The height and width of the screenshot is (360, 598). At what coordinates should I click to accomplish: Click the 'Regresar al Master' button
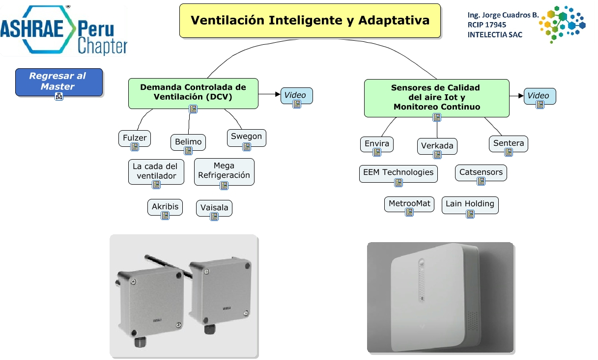[58, 82]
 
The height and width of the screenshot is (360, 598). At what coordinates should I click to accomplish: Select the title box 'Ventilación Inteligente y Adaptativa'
[310, 21]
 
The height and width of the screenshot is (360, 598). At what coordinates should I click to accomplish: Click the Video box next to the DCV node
[296, 96]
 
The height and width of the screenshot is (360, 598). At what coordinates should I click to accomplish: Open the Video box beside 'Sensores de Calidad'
[540, 96]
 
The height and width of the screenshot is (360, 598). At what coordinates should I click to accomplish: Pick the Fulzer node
[135, 138]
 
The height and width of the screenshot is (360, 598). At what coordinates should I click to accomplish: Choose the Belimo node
[188, 142]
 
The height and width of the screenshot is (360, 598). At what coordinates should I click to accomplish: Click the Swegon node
[246, 137]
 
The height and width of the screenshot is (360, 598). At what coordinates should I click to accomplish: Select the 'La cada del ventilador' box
[156, 171]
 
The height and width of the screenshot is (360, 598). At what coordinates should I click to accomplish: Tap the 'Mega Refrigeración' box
[224, 171]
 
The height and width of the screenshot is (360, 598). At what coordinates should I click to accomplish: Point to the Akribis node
[165, 207]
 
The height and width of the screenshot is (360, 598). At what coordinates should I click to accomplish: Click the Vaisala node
[214, 208]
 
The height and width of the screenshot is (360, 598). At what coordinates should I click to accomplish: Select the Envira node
[377, 144]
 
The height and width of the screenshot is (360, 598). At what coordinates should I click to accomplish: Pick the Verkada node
[437, 146]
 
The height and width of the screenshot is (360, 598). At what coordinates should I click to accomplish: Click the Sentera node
[509, 144]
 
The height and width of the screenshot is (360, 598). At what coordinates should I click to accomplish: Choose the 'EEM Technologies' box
[398, 172]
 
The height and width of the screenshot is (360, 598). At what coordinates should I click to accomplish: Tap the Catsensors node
[481, 172]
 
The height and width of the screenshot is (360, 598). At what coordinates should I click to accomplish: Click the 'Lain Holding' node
[470, 204]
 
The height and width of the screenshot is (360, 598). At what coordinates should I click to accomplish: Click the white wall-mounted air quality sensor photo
[440, 298]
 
